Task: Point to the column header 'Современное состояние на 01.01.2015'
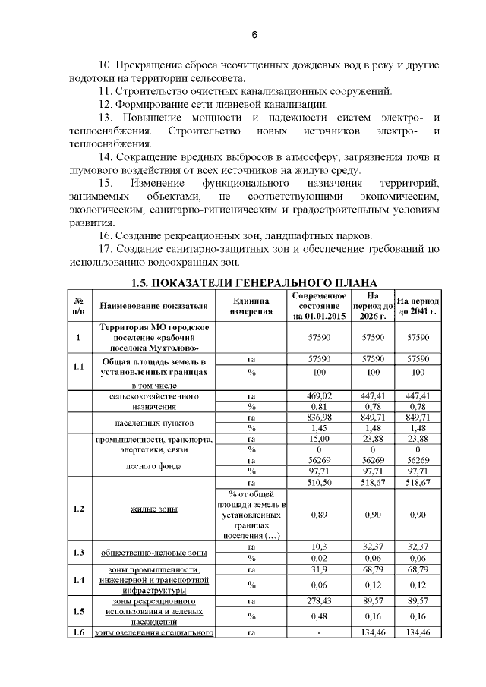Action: (320, 306)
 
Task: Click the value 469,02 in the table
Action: (320, 395)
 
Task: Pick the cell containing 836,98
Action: (320, 417)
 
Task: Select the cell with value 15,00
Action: (320, 438)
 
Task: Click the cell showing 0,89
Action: (320, 514)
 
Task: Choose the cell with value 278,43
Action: (320, 600)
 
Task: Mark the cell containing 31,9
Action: (320, 569)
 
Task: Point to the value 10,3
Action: (320, 547)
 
